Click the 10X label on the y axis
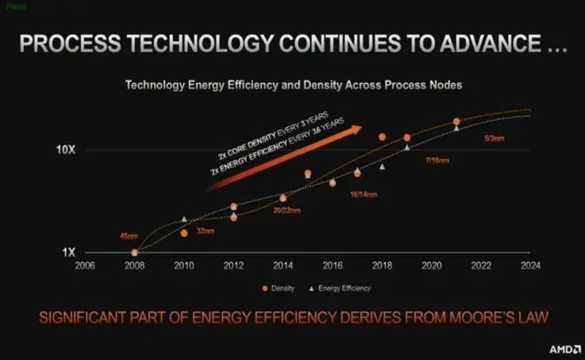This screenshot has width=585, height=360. coord(67,150)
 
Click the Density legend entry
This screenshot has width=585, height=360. coord(277,287)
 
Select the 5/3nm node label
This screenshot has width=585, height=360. coord(493,138)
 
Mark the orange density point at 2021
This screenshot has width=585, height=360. coord(456,122)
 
